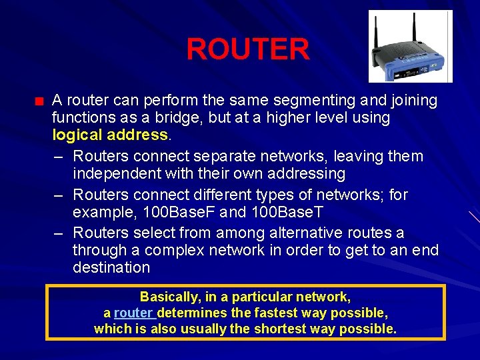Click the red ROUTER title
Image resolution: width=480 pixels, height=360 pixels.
[x=247, y=49]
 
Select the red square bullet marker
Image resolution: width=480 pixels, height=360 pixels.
[x=39, y=102]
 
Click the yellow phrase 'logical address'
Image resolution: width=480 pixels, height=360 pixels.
[x=110, y=135]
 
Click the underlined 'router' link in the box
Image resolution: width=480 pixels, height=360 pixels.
[x=134, y=313]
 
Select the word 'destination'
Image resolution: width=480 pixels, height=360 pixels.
[x=111, y=267]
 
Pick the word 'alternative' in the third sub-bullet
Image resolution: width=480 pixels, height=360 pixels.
[x=313, y=233]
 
